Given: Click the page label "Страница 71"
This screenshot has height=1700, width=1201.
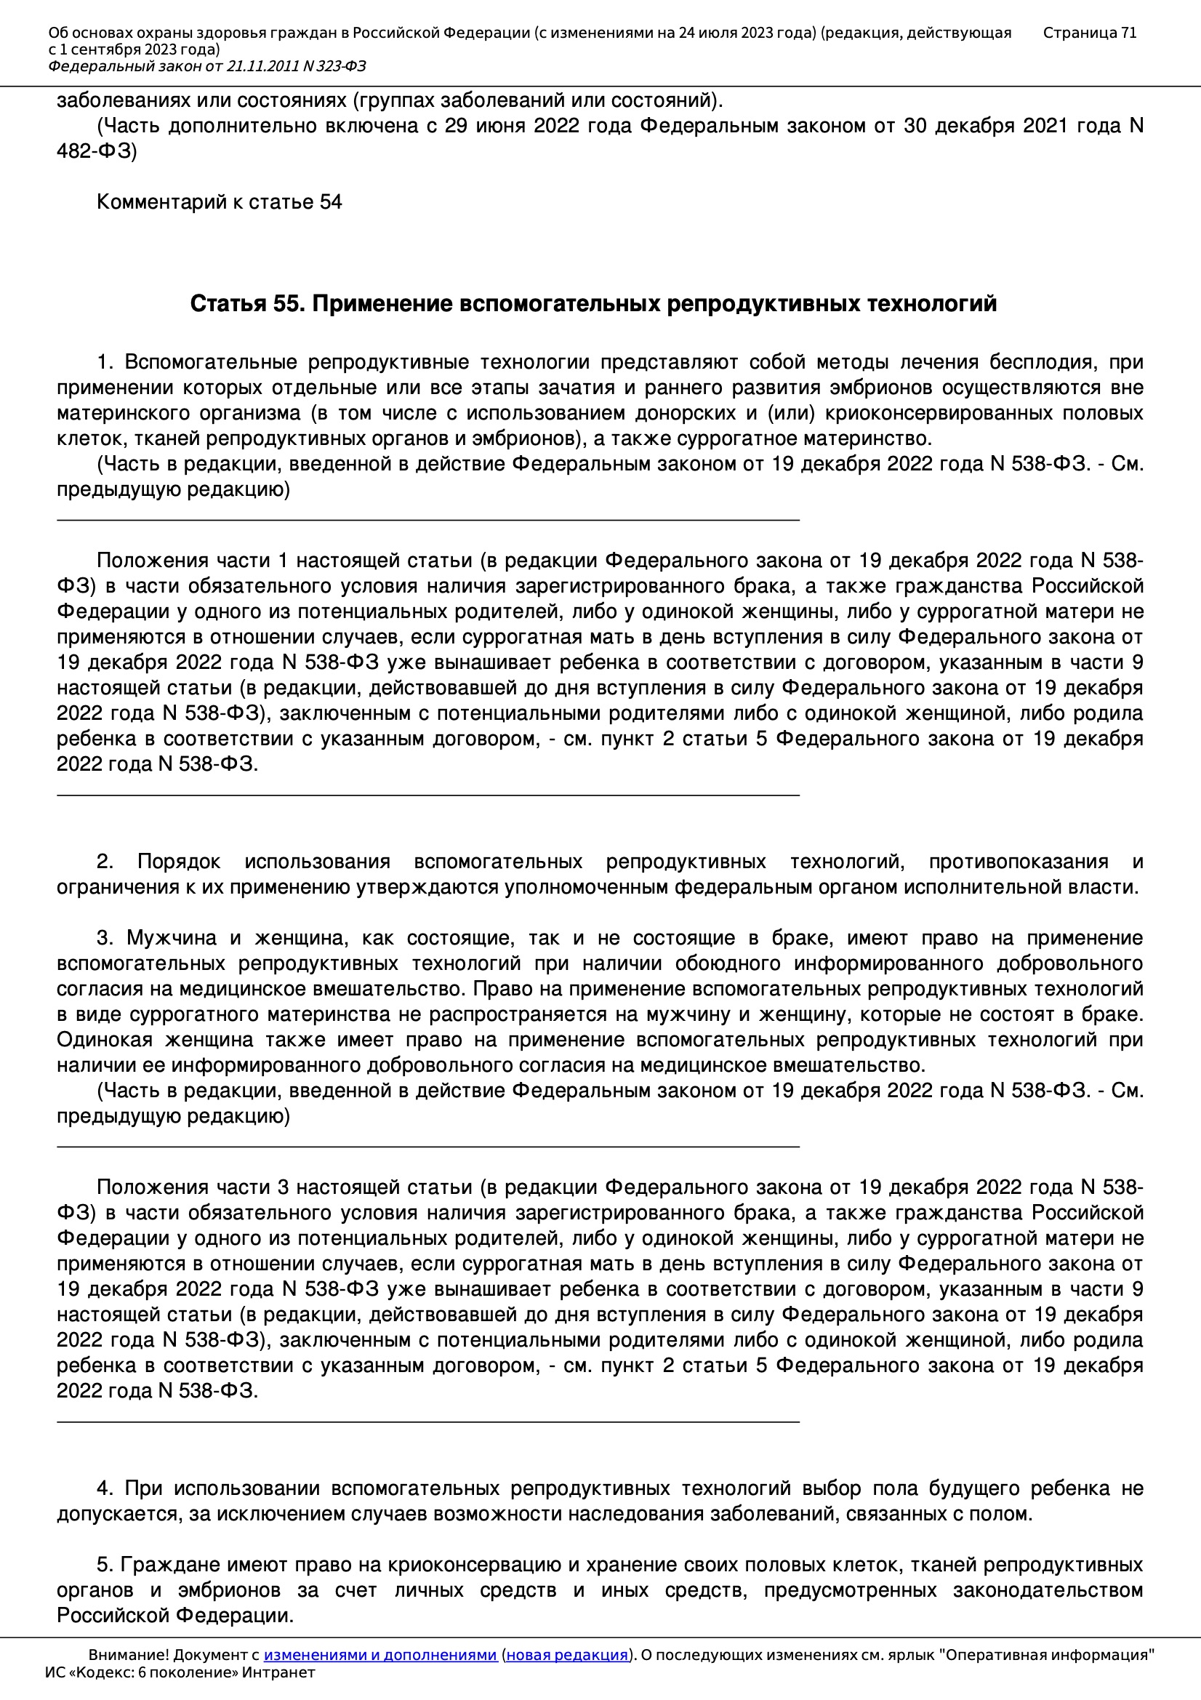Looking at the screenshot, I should tap(1089, 33).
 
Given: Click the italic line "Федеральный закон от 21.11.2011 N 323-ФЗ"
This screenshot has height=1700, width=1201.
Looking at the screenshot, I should tap(207, 67).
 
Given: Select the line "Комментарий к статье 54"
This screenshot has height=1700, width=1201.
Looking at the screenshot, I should tap(219, 202).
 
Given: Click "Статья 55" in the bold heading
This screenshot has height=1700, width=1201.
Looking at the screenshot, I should tap(246, 304).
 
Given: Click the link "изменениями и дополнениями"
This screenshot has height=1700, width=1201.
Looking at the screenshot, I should tap(379, 1655).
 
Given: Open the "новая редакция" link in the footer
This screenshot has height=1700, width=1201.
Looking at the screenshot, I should tap(566, 1655).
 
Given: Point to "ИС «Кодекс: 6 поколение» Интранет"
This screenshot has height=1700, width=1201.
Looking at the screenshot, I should tap(180, 1672).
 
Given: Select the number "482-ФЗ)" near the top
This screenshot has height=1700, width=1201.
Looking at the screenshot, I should tap(97, 151).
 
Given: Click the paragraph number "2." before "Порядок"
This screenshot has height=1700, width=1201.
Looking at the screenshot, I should tap(105, 862).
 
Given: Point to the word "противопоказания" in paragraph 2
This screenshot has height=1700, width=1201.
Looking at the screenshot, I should tap(1018, 862).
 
